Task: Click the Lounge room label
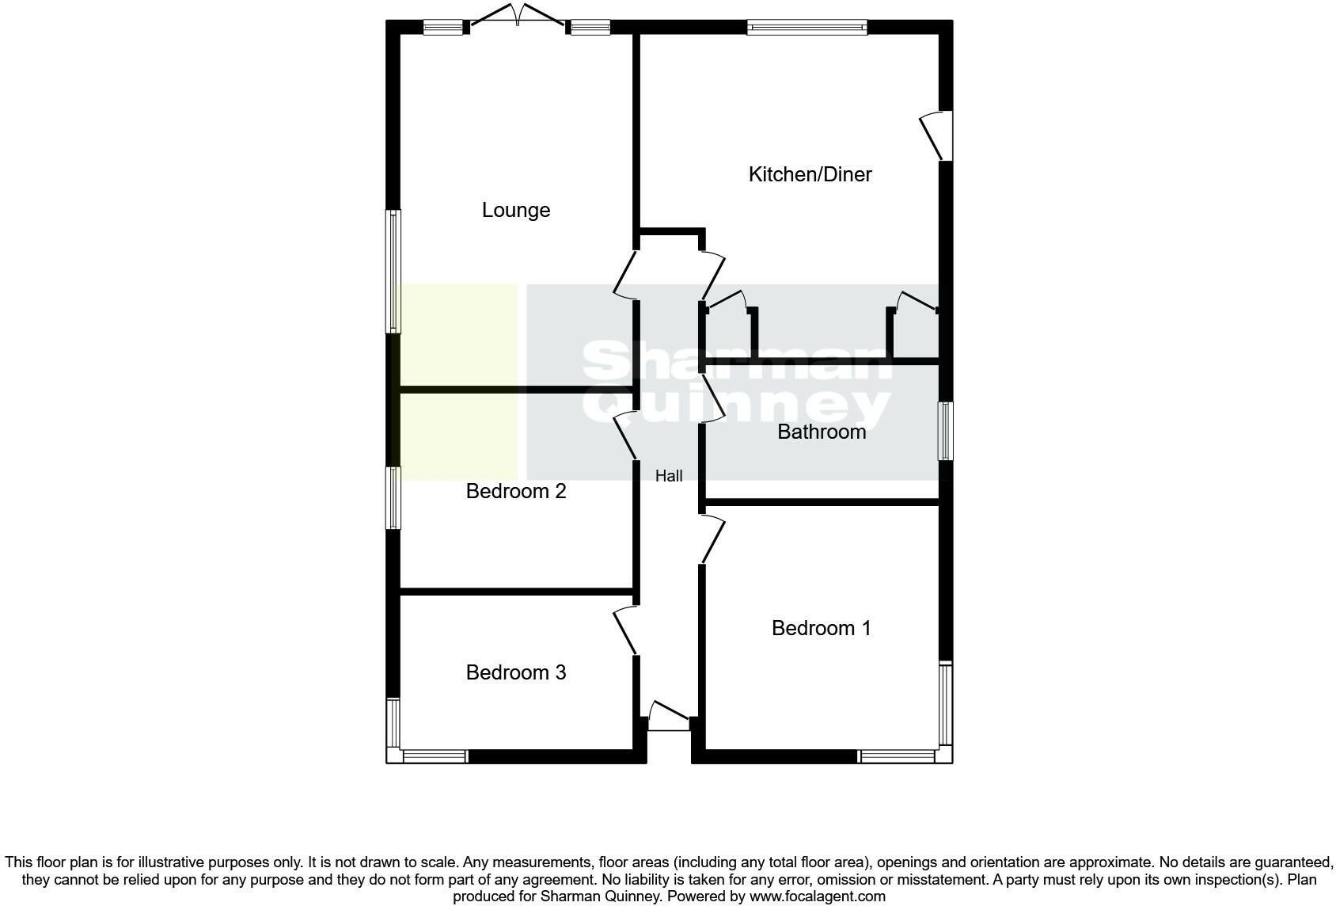[x=516, y=210]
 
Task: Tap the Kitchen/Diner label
[x=810, y=174]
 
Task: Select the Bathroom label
[x=822, y=432]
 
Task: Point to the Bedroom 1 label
[x=821, y=628]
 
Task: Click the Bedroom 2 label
[x=516, y=491]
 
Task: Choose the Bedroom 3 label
[x=516, y=672]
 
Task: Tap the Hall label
[x=669, y=476]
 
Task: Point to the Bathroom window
[x=946, y=431]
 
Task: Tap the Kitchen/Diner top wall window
[x=807, y=28]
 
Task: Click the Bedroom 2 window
[x=393, y=497]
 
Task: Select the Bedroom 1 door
[x=712, y=539]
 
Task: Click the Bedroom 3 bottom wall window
[x=435, y=757]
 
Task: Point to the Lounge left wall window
[x=393, y=271]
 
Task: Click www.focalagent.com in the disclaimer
[x=817, y=896]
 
